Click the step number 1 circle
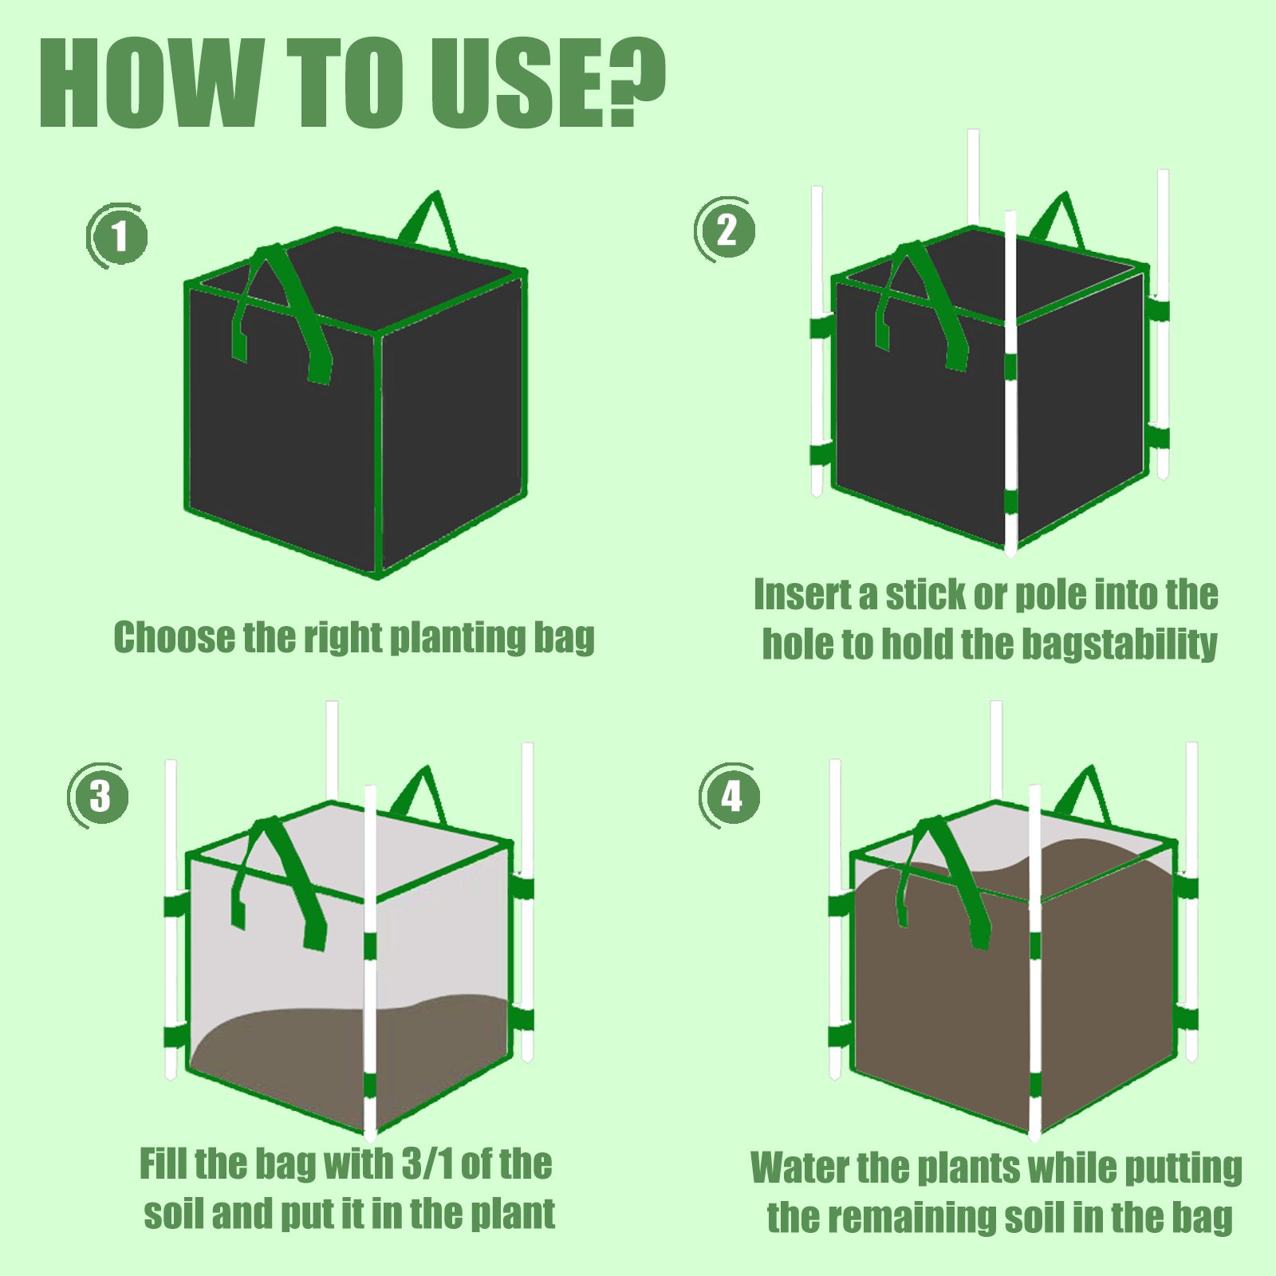[118, 237]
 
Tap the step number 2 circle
[726, 230]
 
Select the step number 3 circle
[100, 796]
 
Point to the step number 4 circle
[731, 796]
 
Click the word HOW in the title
[152, 84]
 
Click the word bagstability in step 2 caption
[1120, 644]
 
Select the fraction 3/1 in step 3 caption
[427, 1164]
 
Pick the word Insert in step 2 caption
[802, 595]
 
